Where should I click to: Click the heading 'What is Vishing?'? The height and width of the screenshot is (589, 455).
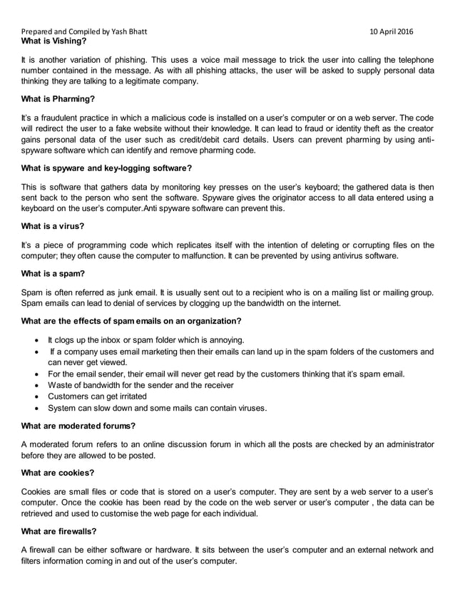coord(54,41)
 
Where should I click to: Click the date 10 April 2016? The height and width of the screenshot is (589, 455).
coord(390,32)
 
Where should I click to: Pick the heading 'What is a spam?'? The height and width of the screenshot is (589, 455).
coord(54,270)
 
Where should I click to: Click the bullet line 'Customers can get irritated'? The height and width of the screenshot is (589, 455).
coord(98,396)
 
